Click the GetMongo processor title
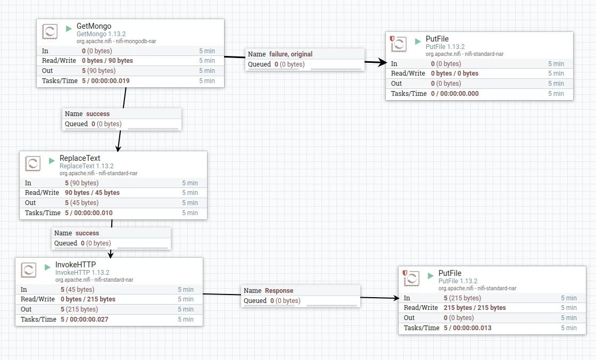pyautogui.click(x=94, y=26)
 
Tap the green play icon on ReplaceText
pyautogui.click(x=52, y=161)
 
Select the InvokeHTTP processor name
pyautogui.click(x=75, y=265)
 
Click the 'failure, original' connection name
pyautogui.click(x=291, y=54)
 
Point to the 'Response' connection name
pyautogui.click(x=279, y=290)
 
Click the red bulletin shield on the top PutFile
pyautogui.click(x=392, y=38)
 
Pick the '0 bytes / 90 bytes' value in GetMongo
pyautogui.click(x=107, y=61)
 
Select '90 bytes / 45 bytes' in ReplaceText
pyautogui.click(x=92, y=193)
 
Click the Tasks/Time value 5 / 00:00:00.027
pyautogui.click(x=85, y=320)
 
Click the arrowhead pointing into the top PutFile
pyautogui.click(x=382, y=62)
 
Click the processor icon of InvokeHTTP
pyautogui.click(x=29, y=270)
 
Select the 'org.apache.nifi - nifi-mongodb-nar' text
pyautogui.click(x=117, y=41)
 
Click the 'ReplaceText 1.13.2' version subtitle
pyautogui.click(x=87, y=166)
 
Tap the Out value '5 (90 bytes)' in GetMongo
pyautogui.click(x=98, y=70)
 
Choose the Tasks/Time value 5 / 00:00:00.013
pyautogui.click(x=468, y=328)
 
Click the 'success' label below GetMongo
pyautogui.click(x=98, y=114)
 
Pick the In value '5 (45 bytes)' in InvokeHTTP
pyautogui.click(x=77, y=289)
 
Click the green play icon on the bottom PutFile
pyautogui.click(x=431, y=275)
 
